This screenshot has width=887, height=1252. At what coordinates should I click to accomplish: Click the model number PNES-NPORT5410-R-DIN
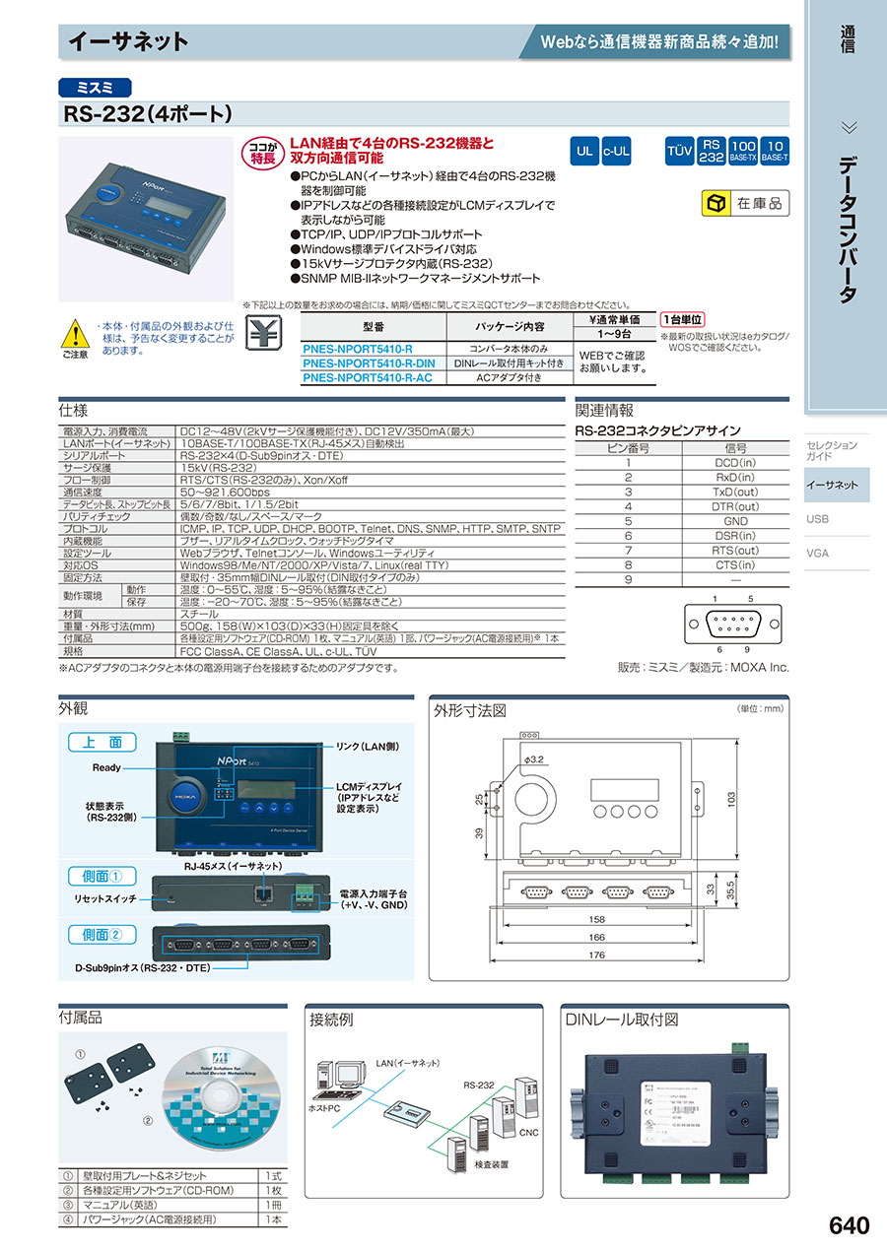[369, 363]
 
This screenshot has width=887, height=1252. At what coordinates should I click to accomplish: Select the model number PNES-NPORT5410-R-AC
[367, 377]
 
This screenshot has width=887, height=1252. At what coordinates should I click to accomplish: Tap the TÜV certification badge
[679, 152]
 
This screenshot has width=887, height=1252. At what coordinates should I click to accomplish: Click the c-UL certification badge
[617, 152]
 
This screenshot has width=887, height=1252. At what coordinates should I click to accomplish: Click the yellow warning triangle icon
[75, 333]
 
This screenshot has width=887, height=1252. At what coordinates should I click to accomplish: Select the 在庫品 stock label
[744, 204]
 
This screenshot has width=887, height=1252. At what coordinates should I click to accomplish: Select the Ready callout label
[106, 767]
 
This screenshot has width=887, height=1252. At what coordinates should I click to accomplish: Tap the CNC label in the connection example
[528, 1134]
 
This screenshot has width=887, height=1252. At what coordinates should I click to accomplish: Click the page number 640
[849, 1225]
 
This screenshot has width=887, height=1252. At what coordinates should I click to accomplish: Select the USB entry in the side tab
[817, 519]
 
